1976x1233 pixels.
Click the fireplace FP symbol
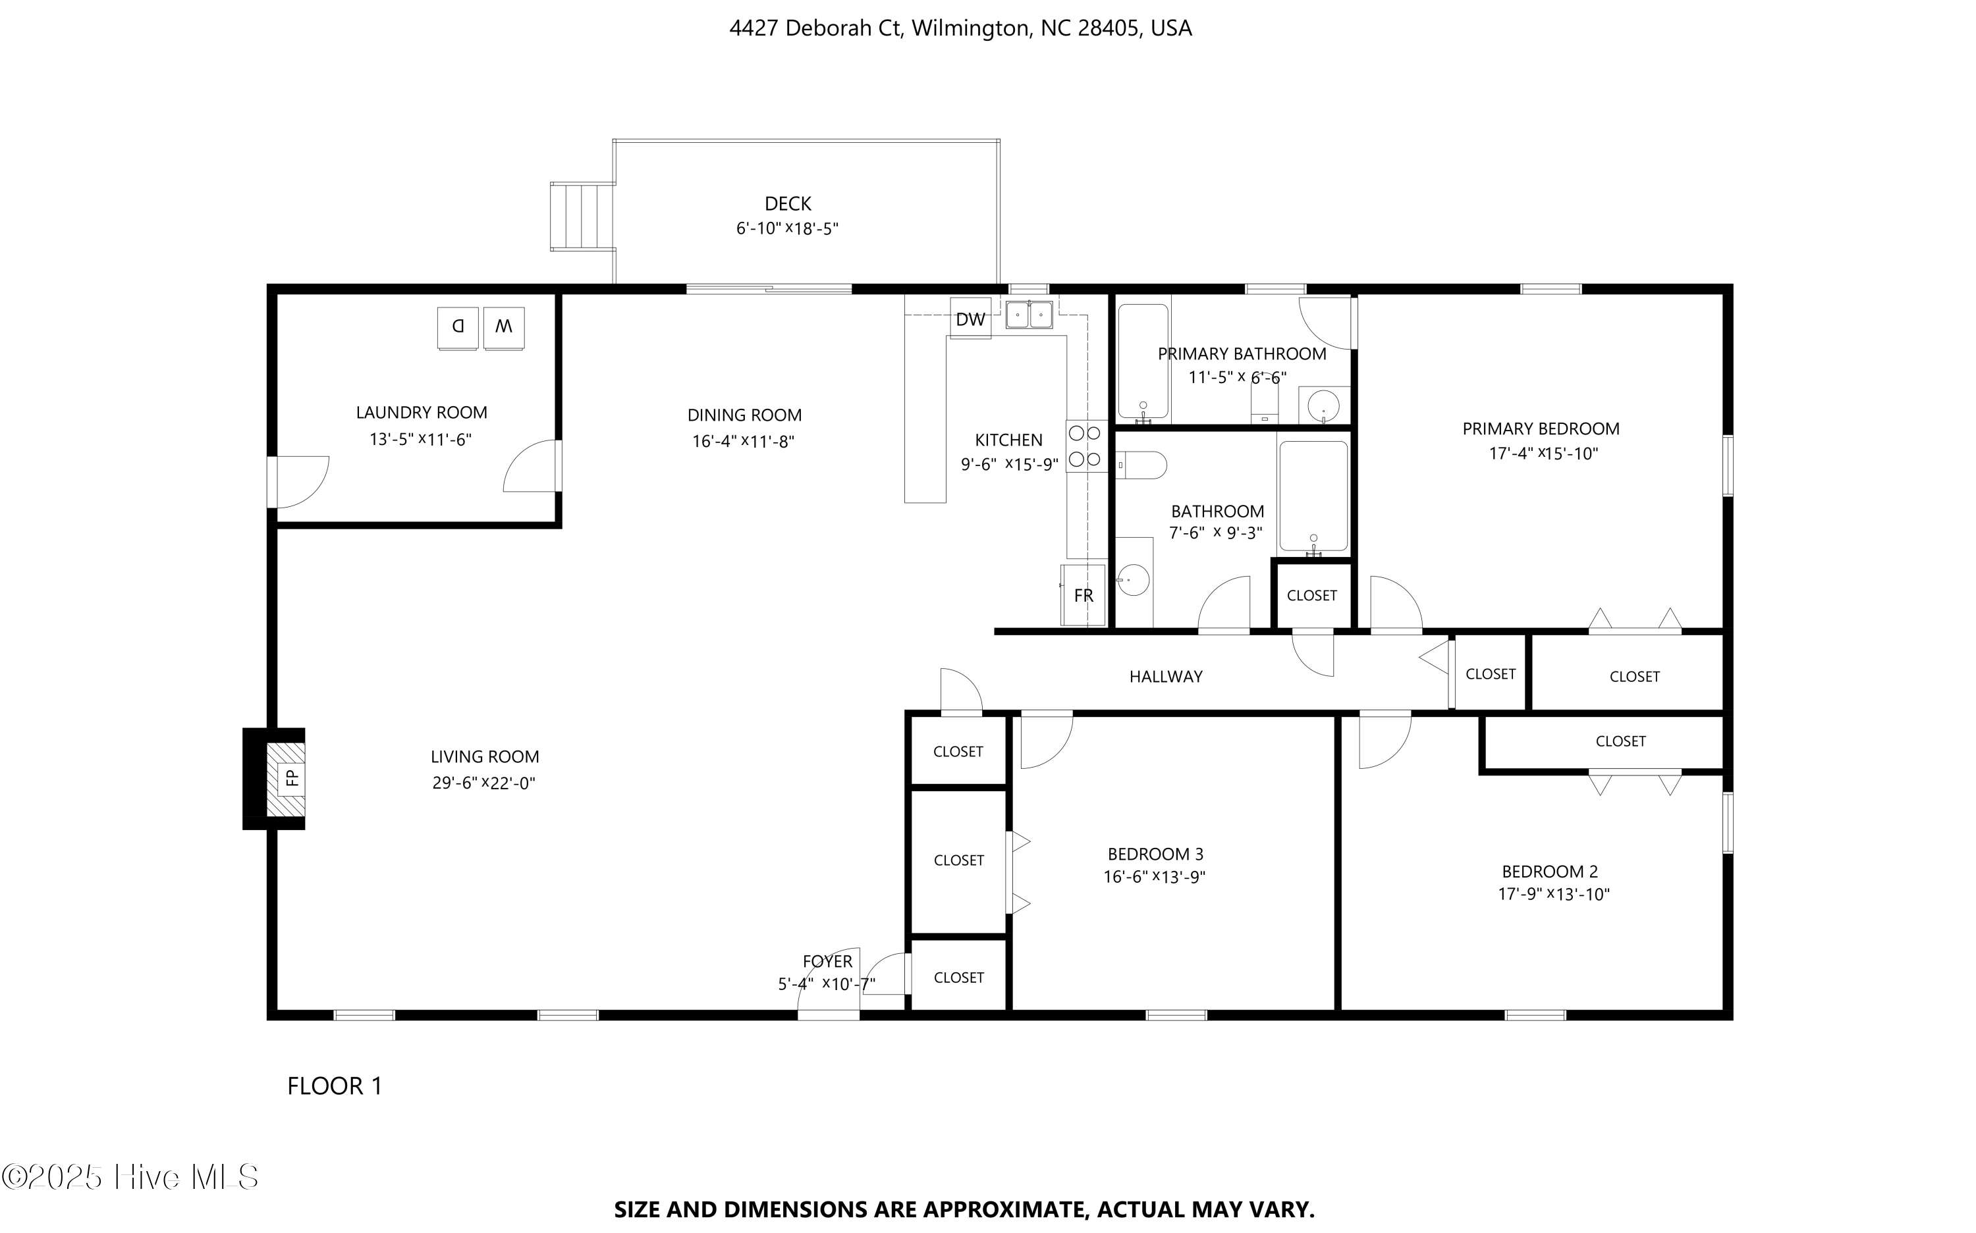pyautogui.click(x=291, y=778)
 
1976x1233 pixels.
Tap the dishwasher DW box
pyautogui.click(x=970, y=319)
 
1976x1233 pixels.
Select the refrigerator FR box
pyautogui.click(x=1084, y=595)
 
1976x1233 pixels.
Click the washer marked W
pyautogui.click(x=503, y=327)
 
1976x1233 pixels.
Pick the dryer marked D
pyautogui.click(x=458, y=327)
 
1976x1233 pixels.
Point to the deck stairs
pyautogui.click(x=581, y=216)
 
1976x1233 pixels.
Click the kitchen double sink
pyautogui.click(x=1029, y=314)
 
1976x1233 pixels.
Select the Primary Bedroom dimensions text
pyautogui.click(x=1543, y=454)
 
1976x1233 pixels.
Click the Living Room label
pyautogui.click(x=485, y=757)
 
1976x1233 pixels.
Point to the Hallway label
pyautogui.click(x=1165, y=676)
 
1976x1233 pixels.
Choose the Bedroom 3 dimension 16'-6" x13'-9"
pyautogui.click(x=1155, y=877)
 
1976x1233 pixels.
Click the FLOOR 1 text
pyautogui.click(x=335, y=1086)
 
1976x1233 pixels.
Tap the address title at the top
pyautogui.click(x=960, y=28)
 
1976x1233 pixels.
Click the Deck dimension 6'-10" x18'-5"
pyautogui.click(x=787, y=228)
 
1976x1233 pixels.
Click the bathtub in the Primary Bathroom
pyautogui.click(x=1143, y=361)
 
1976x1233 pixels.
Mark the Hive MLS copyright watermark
pyautogui.click(x=130, y=1177)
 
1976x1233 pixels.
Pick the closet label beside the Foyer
pyautogui.click(x=958, y=977)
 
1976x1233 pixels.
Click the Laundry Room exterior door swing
pyautogui.click(x=300, y=481)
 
